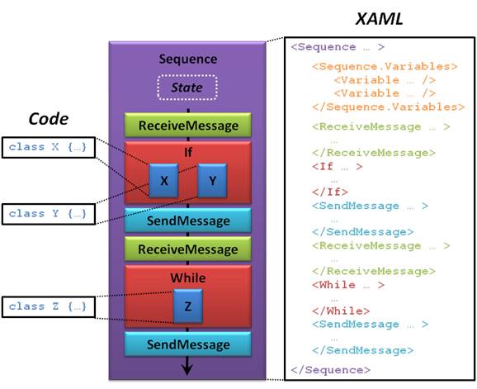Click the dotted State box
(187, 88)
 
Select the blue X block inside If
(163, 181)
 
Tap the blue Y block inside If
(212, 181)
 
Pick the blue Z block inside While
(188, 306)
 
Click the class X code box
(49, 147)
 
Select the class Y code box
(49, 214)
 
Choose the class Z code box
(49, 306)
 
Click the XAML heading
(379, 19)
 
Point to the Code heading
(49, 119)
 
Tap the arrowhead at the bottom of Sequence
(187, 369)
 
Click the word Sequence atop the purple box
(188, 59)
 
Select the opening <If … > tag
(338, 167)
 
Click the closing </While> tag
(341, 311)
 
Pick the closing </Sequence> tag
(330, 370)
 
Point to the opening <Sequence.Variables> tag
(385, 67)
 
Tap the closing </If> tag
(330, 192)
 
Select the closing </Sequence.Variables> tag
(389, 107)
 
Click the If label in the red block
(188, 152)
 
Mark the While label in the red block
(188, 278)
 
